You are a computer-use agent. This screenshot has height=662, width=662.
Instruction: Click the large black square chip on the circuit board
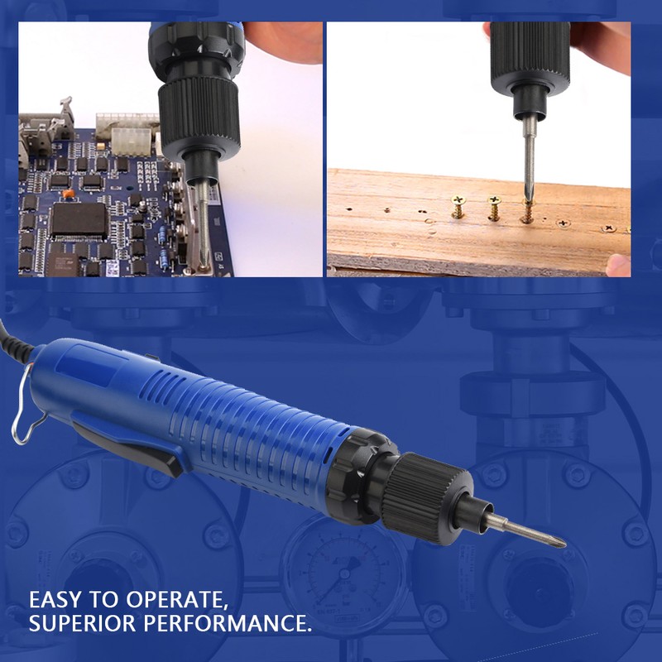(78, 219)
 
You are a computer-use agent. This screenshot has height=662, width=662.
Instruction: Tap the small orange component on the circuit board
(68, 193)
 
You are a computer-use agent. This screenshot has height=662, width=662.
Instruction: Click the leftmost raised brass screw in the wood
(457, 206)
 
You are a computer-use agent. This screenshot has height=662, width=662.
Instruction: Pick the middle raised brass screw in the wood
(494, 206)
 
